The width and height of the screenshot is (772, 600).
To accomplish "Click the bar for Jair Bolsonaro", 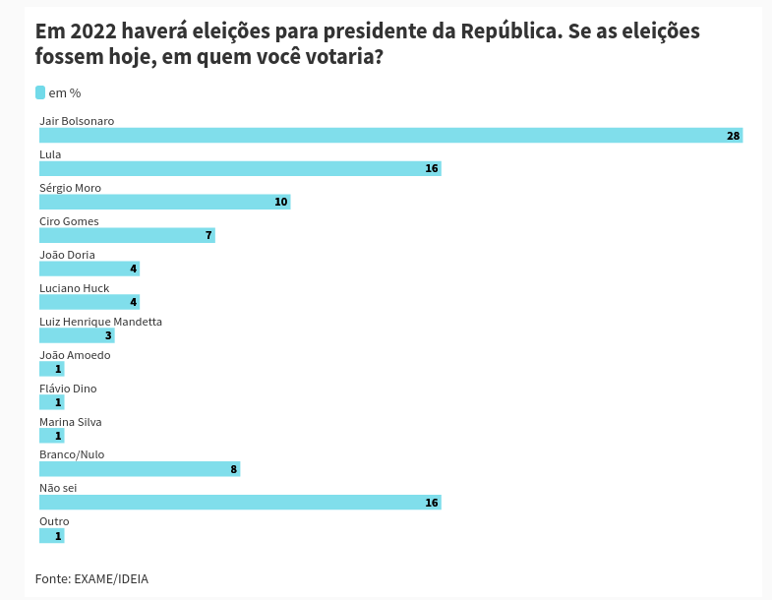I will (x=390, y=135).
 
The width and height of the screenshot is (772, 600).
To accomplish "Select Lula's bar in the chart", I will (x=240, y=168).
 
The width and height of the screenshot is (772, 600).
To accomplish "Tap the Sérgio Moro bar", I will (x=164, y=202).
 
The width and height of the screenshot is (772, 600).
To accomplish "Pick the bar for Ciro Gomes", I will (x=127, y=235).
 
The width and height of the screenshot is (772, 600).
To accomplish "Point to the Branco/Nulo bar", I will (x=140, y=469).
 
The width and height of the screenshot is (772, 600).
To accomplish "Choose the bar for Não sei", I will (x=240, y=503).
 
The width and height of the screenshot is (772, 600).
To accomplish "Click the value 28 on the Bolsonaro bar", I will (x=733, y=136).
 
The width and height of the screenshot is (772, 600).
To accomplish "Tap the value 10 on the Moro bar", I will (x=280, y=202).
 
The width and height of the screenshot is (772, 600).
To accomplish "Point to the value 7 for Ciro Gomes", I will (x=208, y=235).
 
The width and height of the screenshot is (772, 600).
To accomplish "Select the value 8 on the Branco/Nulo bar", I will (x=233, y=469).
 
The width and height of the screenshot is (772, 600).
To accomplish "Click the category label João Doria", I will (x=67, y=255).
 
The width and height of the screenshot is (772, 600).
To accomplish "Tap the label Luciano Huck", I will (x=74, y=288).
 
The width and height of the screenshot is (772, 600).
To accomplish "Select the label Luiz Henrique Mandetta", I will (x=100, y=322).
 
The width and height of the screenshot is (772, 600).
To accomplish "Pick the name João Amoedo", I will (x=75, y=355).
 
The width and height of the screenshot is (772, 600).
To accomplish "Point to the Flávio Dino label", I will (x=68, y=389).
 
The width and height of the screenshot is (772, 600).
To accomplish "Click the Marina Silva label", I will (x=70, y=422).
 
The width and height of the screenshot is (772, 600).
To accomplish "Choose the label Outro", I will (x=54, y=521).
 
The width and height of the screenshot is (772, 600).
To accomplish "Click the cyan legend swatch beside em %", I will (x=40, y=92).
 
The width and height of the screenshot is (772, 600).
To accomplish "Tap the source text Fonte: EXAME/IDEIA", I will (x=91, y=578).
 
